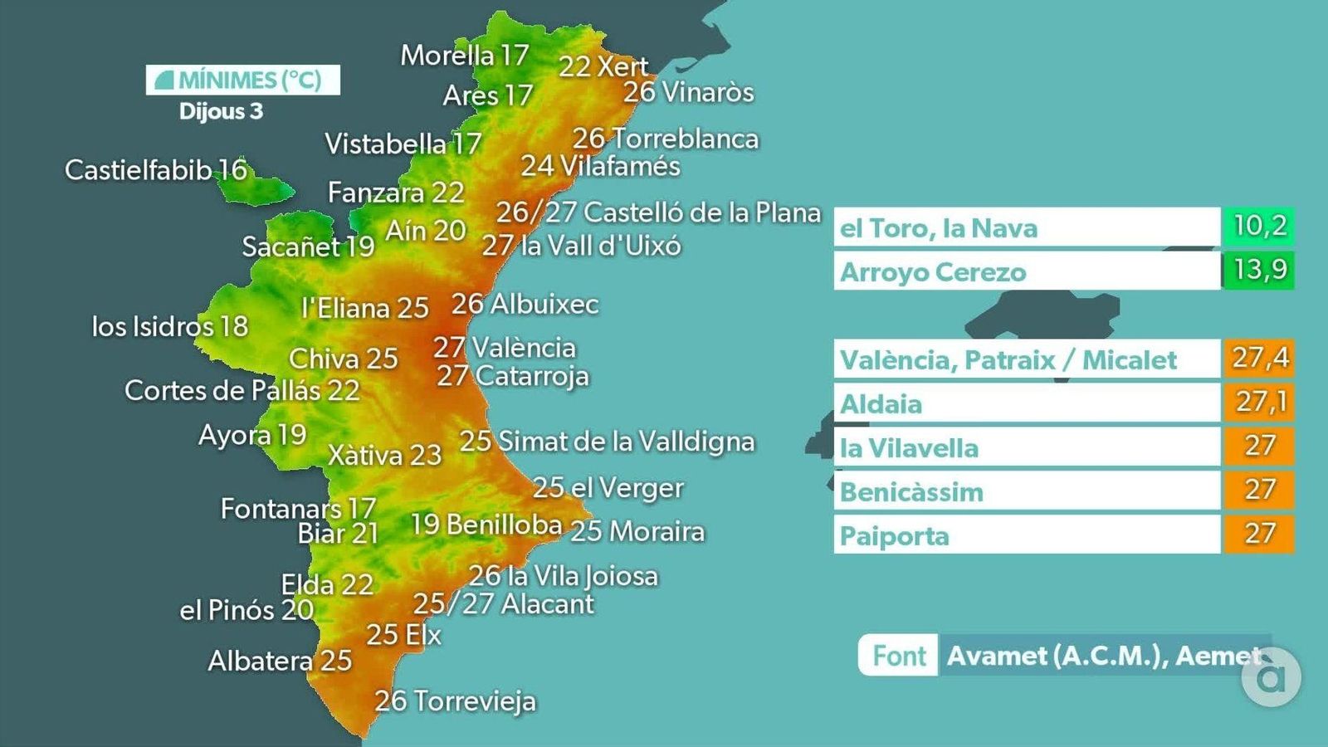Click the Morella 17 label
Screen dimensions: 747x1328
coord(464,56)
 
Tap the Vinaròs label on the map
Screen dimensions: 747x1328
coord(688,92)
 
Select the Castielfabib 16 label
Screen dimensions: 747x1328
coord(156,170)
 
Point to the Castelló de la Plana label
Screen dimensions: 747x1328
coord(658,212)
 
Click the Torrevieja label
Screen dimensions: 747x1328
coord(455,701)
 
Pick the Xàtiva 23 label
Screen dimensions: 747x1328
coord(384,455)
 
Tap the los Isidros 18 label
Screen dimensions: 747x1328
coord(169,326)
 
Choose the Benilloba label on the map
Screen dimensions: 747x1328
coord(486,525)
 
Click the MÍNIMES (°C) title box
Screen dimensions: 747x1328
coord(242,80)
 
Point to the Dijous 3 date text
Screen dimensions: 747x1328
coord(221,111)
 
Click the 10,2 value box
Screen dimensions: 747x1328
coord(1258,227)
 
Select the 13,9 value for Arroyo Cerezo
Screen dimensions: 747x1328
coord(1258,271)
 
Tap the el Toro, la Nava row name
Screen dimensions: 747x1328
coord(939,228)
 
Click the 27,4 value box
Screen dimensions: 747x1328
coord(1258,359)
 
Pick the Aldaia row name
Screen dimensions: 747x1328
coord(881,404)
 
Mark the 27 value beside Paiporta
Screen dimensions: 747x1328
coord(1258,535)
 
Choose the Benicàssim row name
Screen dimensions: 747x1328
coord(911,492)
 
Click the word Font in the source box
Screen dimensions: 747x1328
coord(898,656)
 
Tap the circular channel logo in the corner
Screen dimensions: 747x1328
coord(1272,678)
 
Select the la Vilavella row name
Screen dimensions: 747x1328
coord(909,448)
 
